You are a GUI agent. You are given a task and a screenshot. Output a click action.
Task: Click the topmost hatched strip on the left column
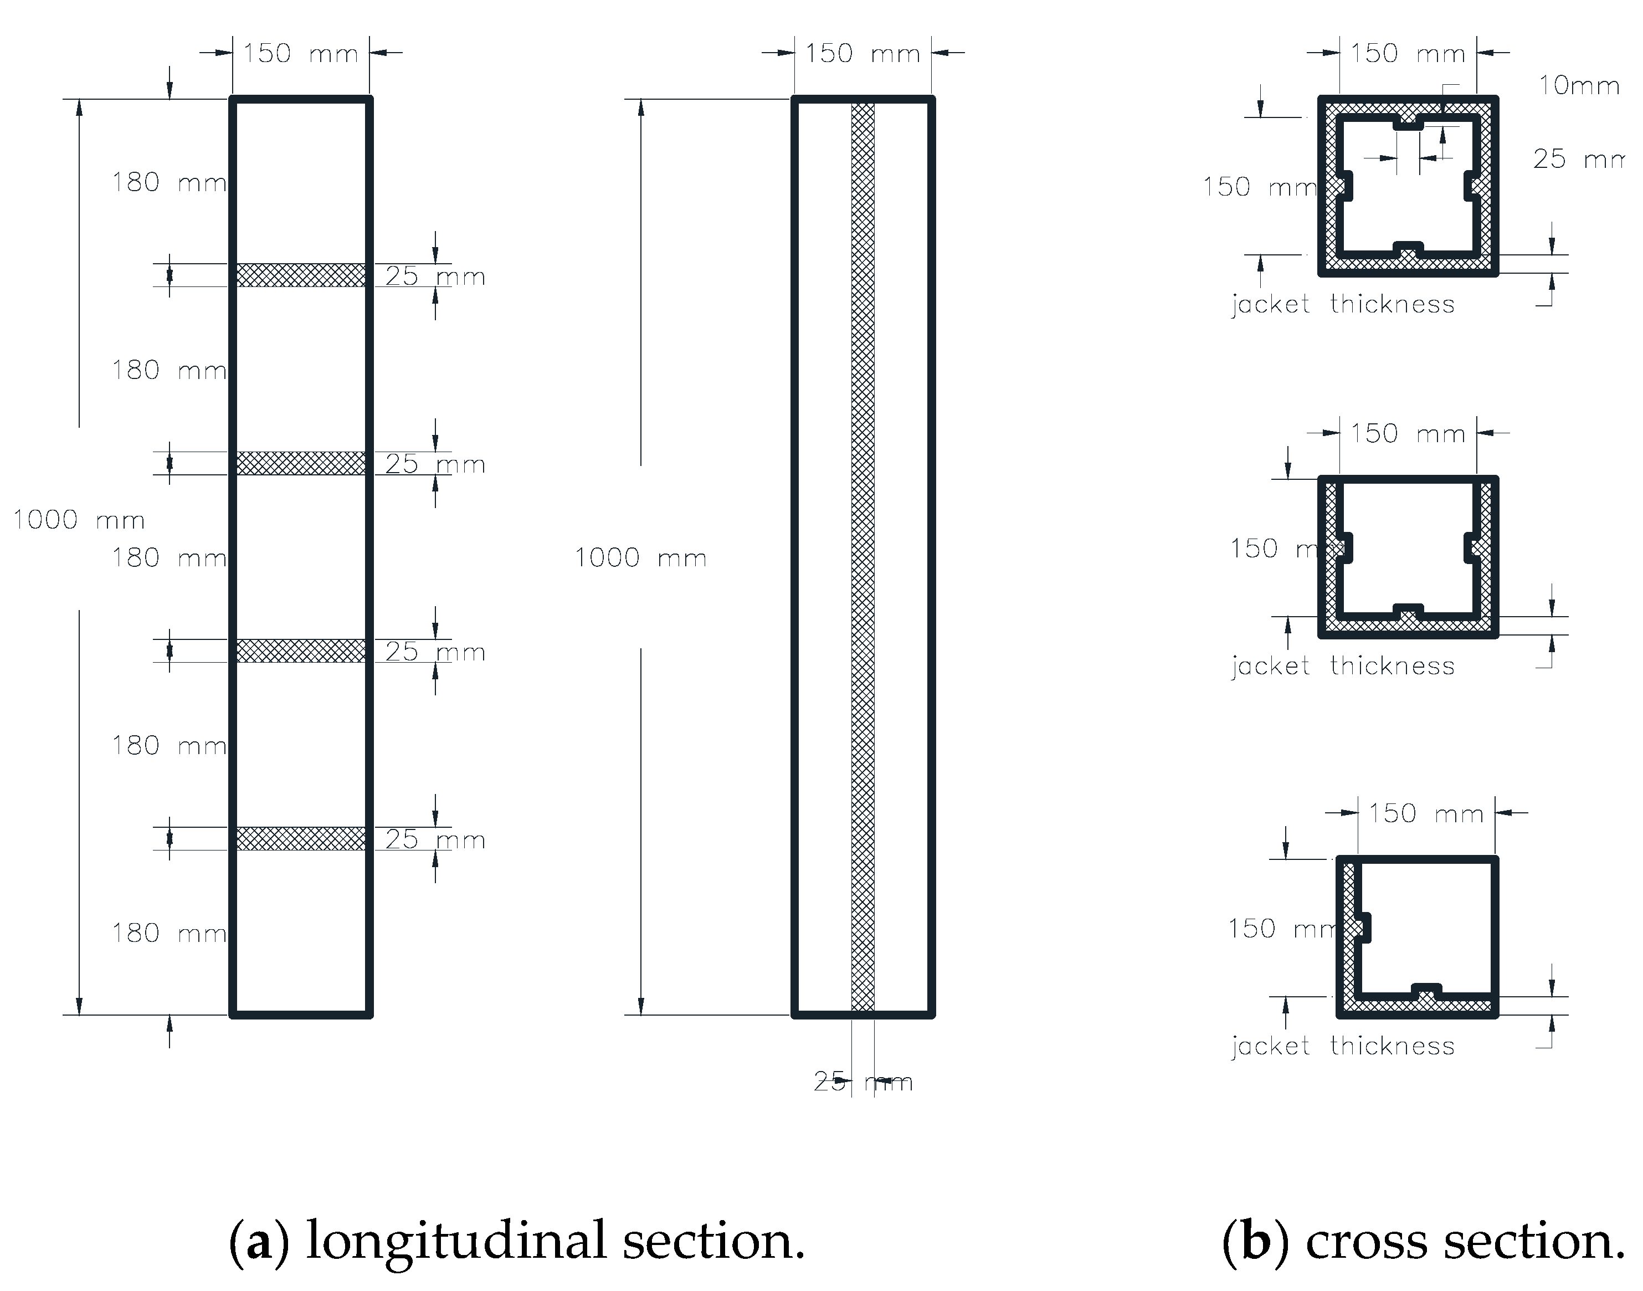301,275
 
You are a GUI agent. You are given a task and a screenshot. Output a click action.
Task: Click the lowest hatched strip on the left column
301,838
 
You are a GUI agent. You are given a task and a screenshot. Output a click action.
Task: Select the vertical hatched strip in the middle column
862,557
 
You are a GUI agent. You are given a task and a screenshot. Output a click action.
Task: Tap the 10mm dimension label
1579,85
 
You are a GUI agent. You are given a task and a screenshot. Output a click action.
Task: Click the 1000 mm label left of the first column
79,520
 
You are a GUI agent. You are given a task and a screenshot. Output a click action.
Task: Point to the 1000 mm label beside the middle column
640,558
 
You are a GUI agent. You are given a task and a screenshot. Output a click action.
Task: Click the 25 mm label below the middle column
862,1082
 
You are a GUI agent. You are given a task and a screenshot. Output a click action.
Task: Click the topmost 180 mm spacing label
168,182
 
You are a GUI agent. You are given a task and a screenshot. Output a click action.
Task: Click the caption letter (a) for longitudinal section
259,1241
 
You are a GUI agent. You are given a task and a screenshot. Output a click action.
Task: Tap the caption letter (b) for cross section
1255,1241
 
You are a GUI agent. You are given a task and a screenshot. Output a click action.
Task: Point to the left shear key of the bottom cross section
1361,928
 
